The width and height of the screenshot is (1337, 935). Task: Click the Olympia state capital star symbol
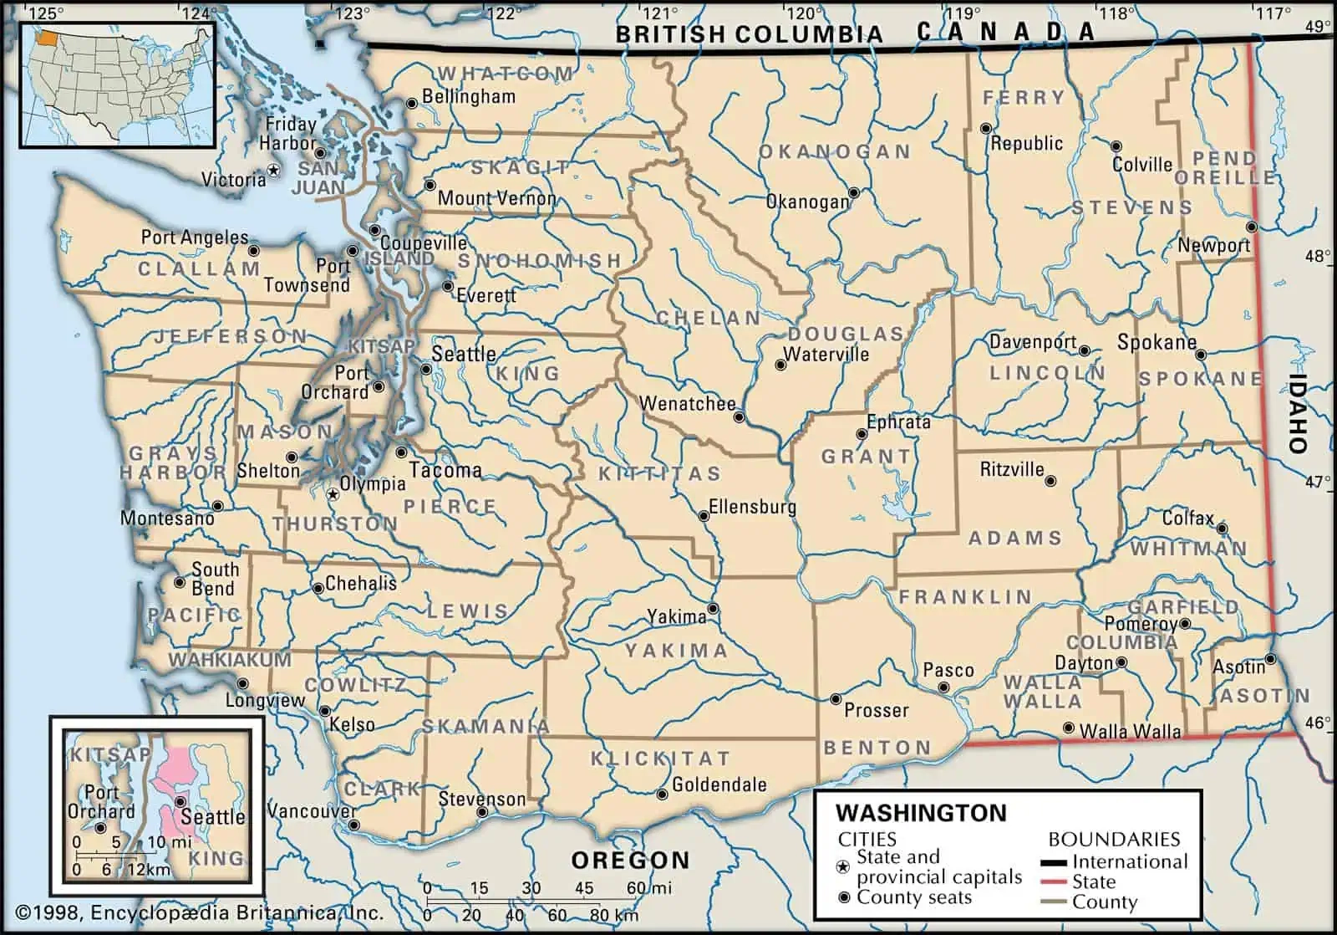click(x=333, y=494)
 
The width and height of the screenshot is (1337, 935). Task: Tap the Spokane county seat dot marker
click(x=1201, y=355)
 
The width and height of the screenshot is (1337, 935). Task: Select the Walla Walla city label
click(x=1130, y=732)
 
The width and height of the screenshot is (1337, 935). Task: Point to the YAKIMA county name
click(x=676, y=651)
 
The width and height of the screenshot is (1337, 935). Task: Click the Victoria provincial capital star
click(x=273, y=171)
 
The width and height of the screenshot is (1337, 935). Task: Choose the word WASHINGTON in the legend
click(x=921, y=813)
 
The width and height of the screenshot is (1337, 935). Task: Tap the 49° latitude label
click(x=1318, y=27)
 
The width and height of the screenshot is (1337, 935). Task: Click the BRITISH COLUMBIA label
click(x=749, y=34)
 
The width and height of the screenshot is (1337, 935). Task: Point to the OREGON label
click(x=631, y=860)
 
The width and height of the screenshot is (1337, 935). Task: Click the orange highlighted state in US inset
click(x=48, y=38)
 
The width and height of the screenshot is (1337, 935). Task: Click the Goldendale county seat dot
click(x=662, y=794)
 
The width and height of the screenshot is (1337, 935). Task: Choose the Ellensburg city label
click(x=752, y=507)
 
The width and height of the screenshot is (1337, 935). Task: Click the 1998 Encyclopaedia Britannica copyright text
click(x=199, y=913)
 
